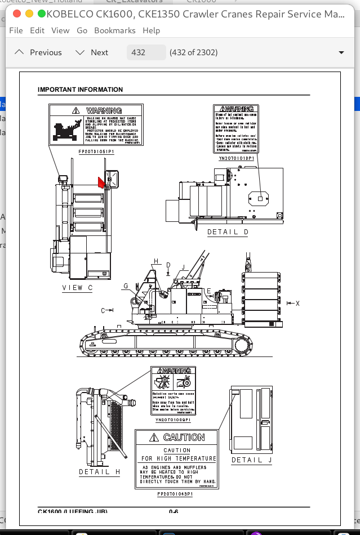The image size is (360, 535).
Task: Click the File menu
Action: (x=16, y=30)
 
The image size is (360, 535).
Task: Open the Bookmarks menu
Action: (x=115, y=30)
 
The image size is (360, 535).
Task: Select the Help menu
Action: (x=151, y=30)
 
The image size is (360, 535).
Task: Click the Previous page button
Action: (x=38, y=52)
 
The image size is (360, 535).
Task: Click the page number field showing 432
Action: (x=146, y=52)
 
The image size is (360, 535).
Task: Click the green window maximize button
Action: (x=42, y=13)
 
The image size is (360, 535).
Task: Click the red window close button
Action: (x=17, y=13)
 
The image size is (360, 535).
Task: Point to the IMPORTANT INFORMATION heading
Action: (x=80, y=90)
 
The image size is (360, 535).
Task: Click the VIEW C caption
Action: (x=77, y=288)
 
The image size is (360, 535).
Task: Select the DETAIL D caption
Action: (x=228, y=232)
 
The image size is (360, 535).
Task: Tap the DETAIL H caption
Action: (x=99, y=472)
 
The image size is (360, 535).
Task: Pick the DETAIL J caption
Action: (x=251, y=460)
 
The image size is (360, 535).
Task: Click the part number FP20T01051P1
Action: (x=96, y=152)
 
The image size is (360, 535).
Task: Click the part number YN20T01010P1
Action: (x=236, y=159)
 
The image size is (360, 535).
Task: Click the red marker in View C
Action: (x=101, y=182)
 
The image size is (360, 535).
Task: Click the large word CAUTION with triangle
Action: (x=177, y=438)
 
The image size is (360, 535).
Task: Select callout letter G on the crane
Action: (x=126, y=286)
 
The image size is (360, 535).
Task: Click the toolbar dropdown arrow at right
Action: (x=341, y=52)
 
